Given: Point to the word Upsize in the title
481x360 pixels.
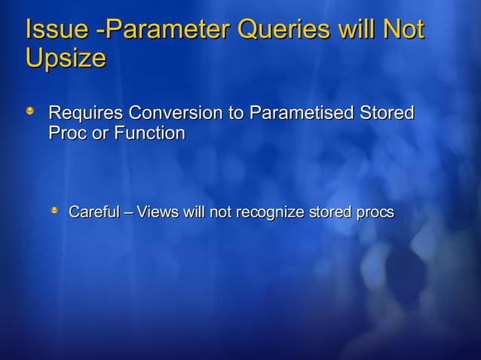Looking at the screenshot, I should click(65, 58).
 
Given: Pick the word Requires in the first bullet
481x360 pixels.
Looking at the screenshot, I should click(86, 114).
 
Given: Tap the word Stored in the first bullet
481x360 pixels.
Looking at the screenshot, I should click(387, 114).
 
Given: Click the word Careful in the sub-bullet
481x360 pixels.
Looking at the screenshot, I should click(94, 212).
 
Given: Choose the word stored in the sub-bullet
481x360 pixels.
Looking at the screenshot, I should click(329, 212).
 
